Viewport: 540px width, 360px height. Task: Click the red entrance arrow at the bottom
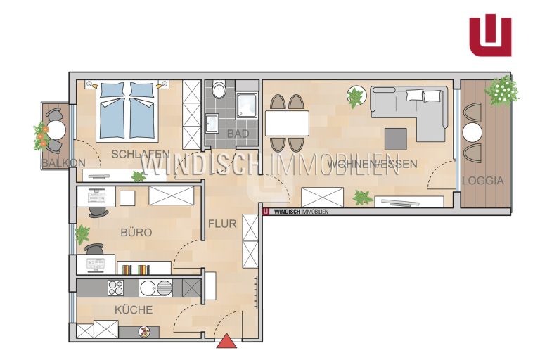(226, 340)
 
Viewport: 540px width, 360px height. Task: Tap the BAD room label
(238, 134)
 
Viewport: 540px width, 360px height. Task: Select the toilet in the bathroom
(219, 90)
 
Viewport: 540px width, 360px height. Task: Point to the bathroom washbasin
(211, 123)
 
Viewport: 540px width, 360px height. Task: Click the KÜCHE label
(134, 309)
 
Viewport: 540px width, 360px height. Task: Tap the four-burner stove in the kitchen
(116, 288)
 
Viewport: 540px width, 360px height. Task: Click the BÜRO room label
(136, 232)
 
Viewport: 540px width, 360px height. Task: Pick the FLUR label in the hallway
(222, 224)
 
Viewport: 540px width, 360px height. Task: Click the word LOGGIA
(483, 181)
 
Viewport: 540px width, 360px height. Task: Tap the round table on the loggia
(472, 133)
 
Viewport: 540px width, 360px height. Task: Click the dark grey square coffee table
(396, 139)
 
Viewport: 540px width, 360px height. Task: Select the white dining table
(287, 123)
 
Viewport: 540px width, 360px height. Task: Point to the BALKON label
(63, 162)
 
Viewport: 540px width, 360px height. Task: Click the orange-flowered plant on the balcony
(41, 136)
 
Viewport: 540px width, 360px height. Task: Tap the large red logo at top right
(490, 34)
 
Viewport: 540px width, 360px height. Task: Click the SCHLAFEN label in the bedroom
(141, 154)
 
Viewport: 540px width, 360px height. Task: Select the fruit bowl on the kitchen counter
(145, 332)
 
